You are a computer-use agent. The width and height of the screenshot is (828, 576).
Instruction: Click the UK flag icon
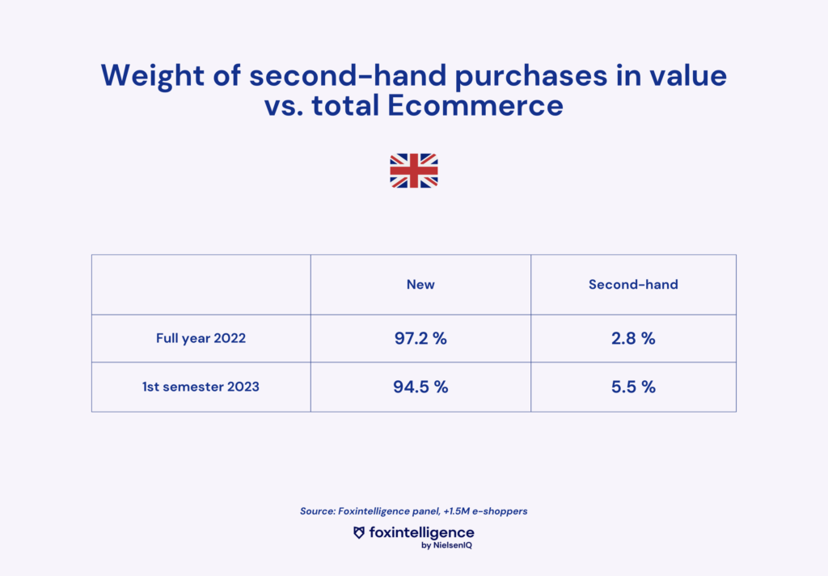point(413,171)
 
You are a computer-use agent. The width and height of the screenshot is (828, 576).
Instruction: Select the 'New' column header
point(420,284)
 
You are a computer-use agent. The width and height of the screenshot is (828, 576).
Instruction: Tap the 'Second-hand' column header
point(633,284)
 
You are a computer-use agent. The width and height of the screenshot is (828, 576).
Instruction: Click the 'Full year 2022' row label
point(201,338)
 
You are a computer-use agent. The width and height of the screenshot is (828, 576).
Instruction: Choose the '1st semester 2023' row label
point(201,387)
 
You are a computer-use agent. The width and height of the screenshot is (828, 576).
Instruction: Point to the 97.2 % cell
point(420,338)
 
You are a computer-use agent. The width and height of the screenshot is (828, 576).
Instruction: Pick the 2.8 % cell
point(633,338)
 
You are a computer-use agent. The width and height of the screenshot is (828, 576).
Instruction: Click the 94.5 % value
point(420,387)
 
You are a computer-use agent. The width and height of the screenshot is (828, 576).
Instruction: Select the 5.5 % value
point(633,387)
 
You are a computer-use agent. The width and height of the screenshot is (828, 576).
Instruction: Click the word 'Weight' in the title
point(153,76)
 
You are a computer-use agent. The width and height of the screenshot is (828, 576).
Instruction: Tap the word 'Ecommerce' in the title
point(475,106)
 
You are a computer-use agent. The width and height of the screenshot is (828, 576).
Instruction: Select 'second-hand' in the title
point(348,75)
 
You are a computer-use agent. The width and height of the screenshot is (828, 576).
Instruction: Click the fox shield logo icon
point(359,532)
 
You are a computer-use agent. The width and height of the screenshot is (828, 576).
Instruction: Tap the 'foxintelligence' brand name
point(421,532)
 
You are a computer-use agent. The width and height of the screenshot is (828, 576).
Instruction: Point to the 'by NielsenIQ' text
point(446,545)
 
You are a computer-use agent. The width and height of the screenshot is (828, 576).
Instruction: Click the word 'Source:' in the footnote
point(317,511)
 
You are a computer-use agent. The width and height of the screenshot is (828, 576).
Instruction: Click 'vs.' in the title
point(284,107)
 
